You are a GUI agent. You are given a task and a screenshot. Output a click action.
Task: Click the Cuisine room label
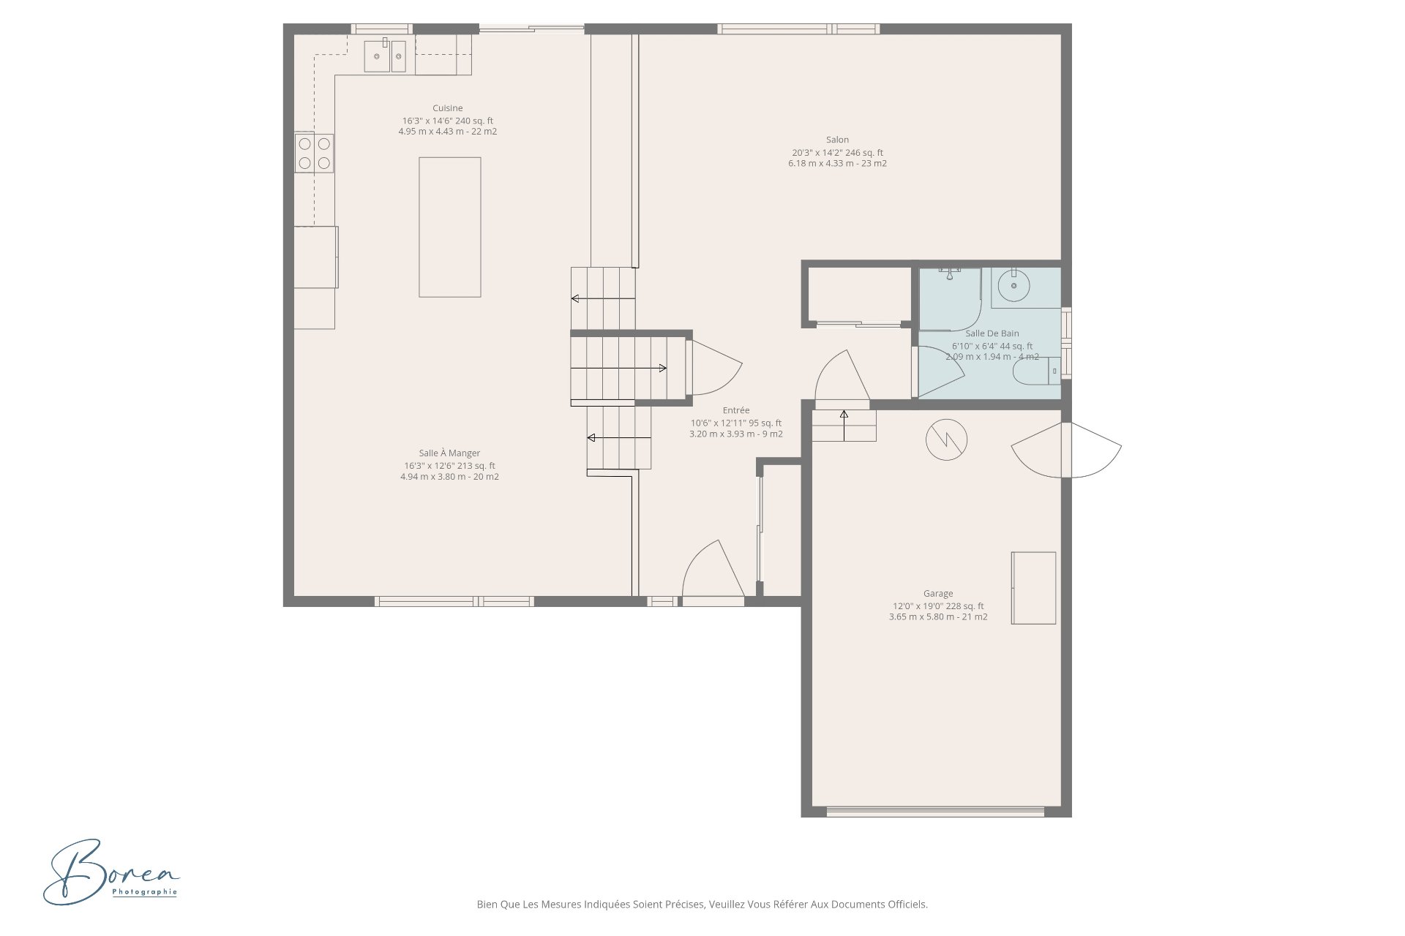point(447,108)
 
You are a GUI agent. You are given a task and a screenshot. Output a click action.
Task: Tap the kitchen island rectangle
point(449,227)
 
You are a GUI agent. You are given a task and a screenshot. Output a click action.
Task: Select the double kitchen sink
point(385,56)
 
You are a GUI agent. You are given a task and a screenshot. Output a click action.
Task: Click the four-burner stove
point(314,153)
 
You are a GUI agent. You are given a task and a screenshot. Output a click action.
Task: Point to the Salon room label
point(837,140)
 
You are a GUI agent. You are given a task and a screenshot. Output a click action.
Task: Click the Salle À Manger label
point(449,453)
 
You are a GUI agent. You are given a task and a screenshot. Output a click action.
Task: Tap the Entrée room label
point(735,410)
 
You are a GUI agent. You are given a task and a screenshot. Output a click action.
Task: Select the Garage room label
point(937,594)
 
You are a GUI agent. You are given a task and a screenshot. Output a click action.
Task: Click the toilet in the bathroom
point(1035,371)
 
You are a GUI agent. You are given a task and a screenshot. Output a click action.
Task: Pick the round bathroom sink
point(1014,286)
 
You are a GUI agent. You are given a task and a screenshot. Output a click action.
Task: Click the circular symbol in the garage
point(946,439)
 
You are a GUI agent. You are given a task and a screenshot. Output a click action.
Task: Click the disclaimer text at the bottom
point(702,904)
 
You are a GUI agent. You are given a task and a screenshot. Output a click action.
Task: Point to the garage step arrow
point(844,425)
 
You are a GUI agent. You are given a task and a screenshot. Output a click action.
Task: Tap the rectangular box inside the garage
point(1033,588)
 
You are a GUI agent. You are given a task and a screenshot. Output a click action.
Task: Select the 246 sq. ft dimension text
point(837,153)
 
